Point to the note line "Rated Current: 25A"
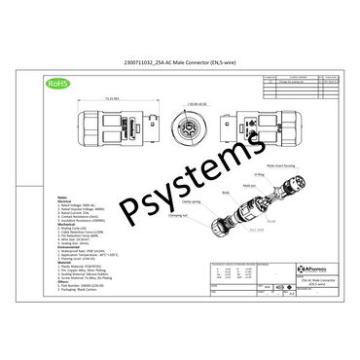(77, 211)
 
